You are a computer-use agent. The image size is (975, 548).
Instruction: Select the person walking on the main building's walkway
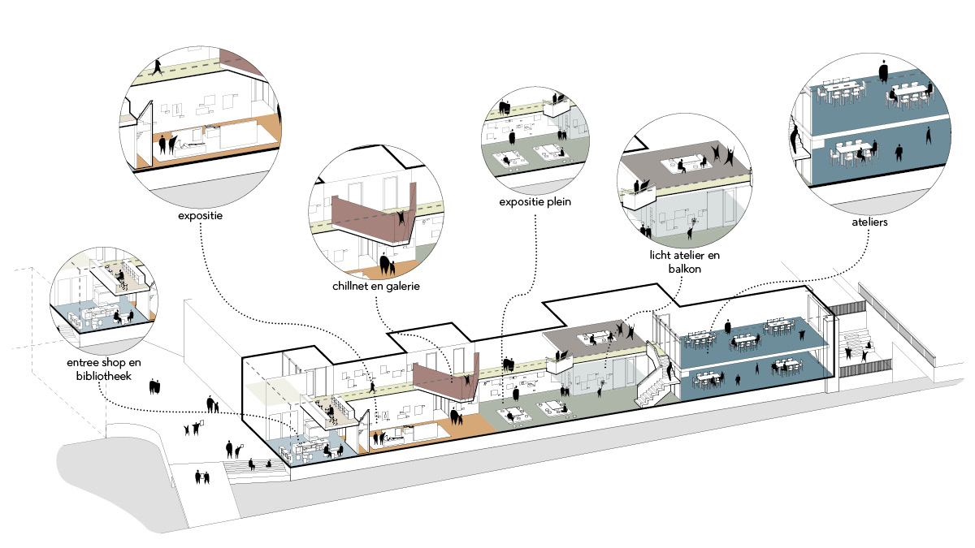click(371, 387)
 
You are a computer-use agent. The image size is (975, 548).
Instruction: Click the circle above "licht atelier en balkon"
click(683, 186)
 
